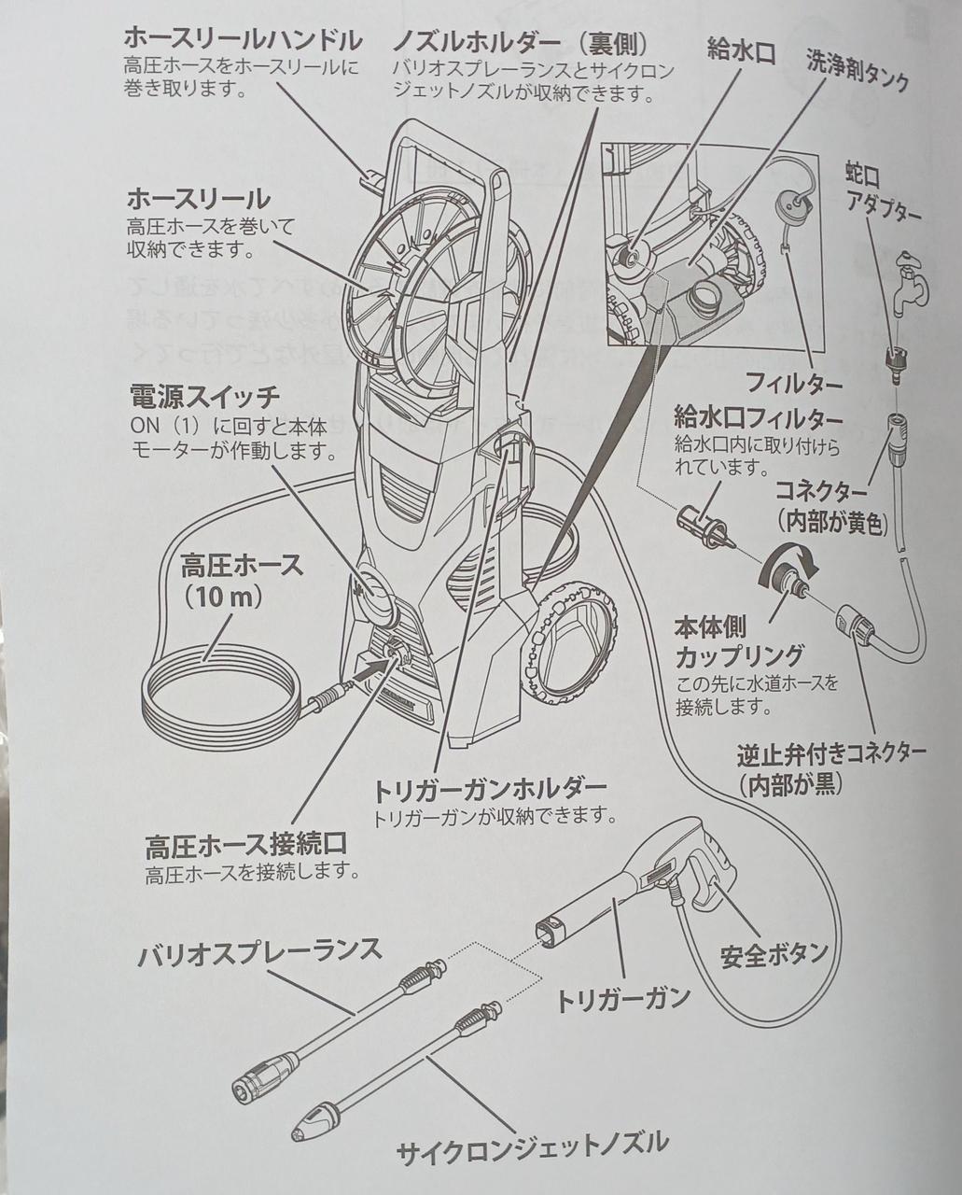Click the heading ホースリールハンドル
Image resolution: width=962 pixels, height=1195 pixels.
[244, 40]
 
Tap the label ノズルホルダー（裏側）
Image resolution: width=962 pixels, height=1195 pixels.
[520, 43]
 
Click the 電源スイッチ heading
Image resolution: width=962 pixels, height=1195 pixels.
[203, 397]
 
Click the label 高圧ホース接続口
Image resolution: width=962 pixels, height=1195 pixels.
[246, 846]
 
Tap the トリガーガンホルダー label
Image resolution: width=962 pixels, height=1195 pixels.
[490, 790]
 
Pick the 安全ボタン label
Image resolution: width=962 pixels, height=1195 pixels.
[774, 953]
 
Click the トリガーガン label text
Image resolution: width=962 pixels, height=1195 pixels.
[623, 998]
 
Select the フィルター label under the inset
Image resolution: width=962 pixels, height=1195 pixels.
[794, 383]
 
